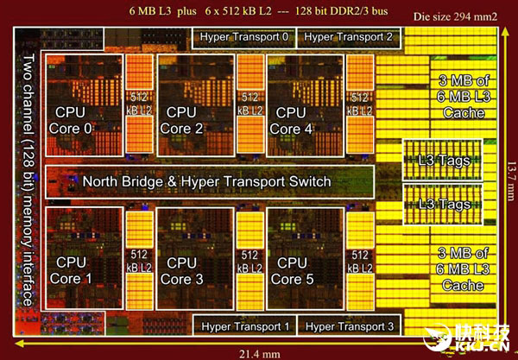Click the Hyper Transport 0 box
(x=243, y=38)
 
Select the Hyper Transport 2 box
(x=349, y=38)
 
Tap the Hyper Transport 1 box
(x=245, y=325)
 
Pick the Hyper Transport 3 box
(x=349, y=325)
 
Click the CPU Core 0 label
(x=70, y=121)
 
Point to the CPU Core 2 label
(x=181, y=121)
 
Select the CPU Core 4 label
(x=291, y=121)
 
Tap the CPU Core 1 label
(x=71, y=270)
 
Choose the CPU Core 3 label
(x=181, y=271)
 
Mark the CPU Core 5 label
(x=292, y=271)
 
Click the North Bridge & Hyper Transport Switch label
(x=206, y=181)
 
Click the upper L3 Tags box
(x=443, y=161)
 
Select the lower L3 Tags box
(x=443, y=205)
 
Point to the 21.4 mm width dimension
(x=259, y=355)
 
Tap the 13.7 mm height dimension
(x=511, y=181)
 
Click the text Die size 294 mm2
(x=455, y=17)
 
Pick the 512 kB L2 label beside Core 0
(x=139, y=104)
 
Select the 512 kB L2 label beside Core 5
(x=359, y=262)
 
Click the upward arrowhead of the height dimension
(x=504, y=32)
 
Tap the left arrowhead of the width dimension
(x=19, y=344)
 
